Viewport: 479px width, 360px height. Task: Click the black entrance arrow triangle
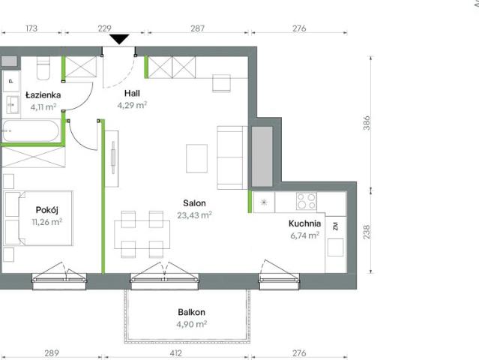[119, 39]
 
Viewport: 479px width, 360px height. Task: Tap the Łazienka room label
[43, 95]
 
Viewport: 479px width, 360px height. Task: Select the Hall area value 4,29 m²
[132, 105]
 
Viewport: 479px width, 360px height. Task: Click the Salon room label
[194, 203]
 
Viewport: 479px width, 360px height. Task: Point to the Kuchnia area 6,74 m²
[305, 235]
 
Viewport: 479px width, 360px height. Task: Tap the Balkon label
[192, 312]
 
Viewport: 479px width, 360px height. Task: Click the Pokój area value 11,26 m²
[47, 221]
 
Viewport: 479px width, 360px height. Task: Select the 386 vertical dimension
[367, 123]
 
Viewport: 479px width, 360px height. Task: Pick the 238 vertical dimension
[367, 232]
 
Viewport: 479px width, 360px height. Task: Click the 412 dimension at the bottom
[175, 353]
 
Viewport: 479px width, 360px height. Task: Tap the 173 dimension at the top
[31, 28]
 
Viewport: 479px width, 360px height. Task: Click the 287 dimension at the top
[197, 28]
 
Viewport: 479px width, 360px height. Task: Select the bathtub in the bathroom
[31, 130]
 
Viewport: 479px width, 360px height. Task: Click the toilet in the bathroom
[43, 68]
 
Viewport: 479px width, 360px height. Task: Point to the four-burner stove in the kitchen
[306, 201]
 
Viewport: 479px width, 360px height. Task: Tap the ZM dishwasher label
[336, 226]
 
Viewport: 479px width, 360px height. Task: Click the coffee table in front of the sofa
[196, 158]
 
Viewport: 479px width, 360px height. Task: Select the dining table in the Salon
[142, 235]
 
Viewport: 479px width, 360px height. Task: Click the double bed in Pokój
[38, 218]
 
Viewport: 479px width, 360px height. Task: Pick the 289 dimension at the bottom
[52, 353]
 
